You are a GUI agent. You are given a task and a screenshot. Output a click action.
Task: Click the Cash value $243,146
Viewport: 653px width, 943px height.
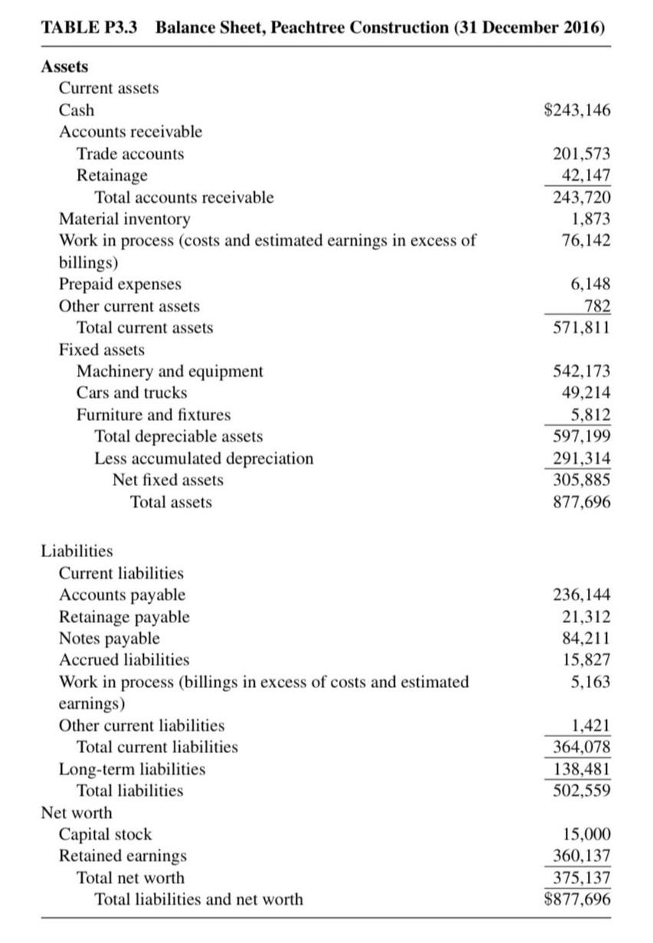(x=576, y=110)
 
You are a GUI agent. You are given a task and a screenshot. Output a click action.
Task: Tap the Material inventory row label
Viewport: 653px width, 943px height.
(x=125, y=219)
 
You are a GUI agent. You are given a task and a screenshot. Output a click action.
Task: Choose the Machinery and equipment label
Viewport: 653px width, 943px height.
(x=169, y=371)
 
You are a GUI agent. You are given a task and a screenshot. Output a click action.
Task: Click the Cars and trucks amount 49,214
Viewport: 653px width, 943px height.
(x=586, y=393)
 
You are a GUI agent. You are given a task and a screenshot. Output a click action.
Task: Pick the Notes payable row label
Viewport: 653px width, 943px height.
(x=109, y=638)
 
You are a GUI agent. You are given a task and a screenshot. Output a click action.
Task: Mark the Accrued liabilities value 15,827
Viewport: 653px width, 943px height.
(x=586, y=659)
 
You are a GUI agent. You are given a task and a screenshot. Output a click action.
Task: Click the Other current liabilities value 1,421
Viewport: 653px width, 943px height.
(x=590, y=725)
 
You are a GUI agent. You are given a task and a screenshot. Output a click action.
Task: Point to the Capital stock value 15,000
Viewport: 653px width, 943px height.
(x=586, y=834)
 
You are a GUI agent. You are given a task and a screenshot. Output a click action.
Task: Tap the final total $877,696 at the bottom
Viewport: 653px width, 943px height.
(x=576, y=899)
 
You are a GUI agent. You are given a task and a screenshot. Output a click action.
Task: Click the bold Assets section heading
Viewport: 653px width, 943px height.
(x=64, y=67)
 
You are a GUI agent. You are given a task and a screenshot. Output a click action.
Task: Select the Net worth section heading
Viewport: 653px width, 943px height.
(x=76, y=812)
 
